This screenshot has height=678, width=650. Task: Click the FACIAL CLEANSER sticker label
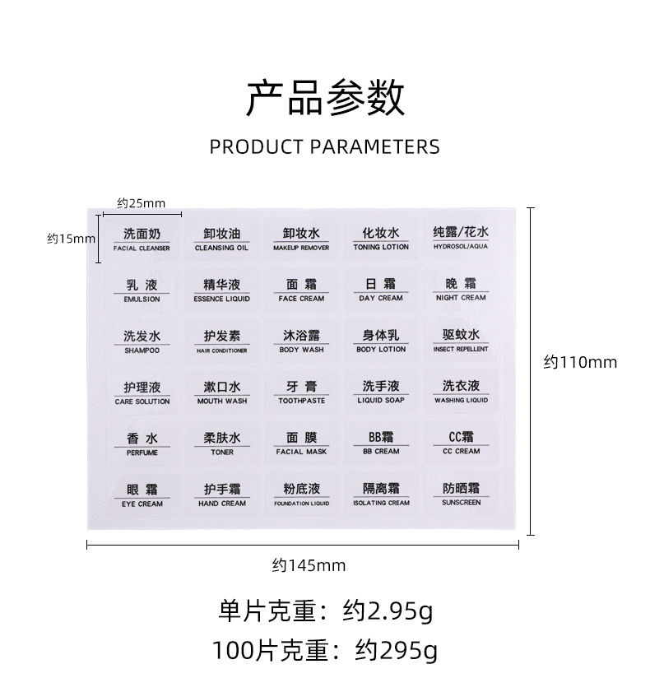coord(142,239)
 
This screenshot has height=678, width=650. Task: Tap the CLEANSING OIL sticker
coord(221,239)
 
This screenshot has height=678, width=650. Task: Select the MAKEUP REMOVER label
coord(301,239)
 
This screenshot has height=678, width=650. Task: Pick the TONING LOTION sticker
coord(381,239)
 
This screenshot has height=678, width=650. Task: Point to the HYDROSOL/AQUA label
coord(461,239)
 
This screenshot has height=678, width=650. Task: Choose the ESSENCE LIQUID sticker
coord(221,290)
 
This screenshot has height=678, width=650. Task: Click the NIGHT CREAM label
coord(461,290)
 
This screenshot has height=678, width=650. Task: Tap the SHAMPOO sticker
coord(142,341)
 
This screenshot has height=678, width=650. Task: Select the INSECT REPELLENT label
coord(461,341)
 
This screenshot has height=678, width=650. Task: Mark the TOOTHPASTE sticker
coord(301,392)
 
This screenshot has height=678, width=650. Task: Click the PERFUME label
coord(142,443)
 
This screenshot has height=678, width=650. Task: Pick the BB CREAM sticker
coord(381,443)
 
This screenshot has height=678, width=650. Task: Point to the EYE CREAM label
coord(142,495)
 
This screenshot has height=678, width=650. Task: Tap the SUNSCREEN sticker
coord(461,495)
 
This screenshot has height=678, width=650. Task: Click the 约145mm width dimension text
coord(309,565)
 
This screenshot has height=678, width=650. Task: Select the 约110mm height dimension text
coord(580,362)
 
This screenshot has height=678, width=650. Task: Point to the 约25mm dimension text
coord(141,202)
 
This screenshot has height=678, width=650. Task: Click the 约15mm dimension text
coord(71,239)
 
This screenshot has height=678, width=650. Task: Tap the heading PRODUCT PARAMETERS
coord(325,147)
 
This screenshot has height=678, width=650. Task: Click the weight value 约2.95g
coord(388,611)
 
